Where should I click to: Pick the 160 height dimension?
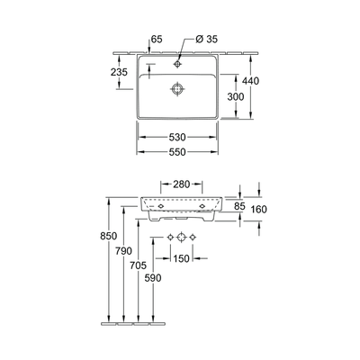(x=259, y=210)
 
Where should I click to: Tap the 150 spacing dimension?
(x=181, y=258)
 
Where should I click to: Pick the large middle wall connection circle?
(x=181, y=237)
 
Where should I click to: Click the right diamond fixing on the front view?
(x=202, y=206)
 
